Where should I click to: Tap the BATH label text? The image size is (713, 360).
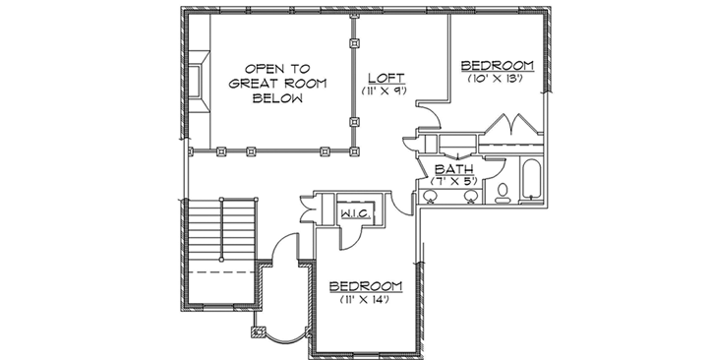(x=455, y=168)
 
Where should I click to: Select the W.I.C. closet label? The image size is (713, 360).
(x=354, y=213)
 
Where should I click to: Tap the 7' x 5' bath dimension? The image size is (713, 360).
(x=455, y=181)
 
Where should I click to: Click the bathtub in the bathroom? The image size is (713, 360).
(x=529, y=181)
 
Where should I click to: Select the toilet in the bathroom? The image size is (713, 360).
(x=503, y=190)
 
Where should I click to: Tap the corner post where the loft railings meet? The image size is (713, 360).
(x=354, y=151)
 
